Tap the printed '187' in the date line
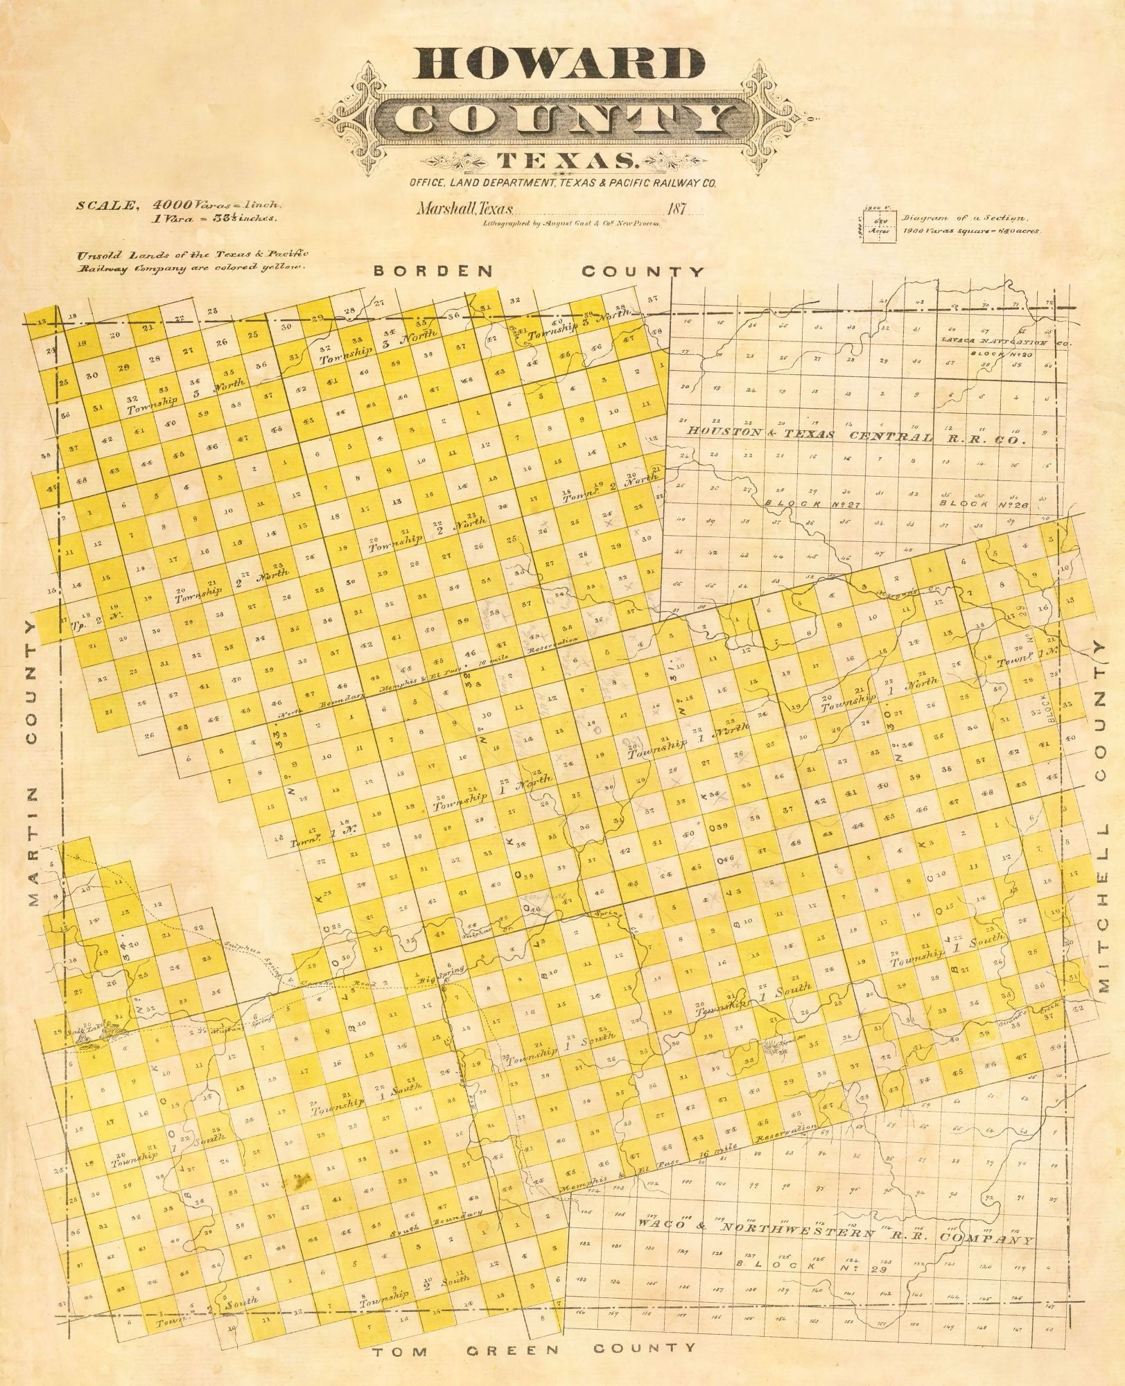[x=673, y=208]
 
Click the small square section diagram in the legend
[x=879, y=225]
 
